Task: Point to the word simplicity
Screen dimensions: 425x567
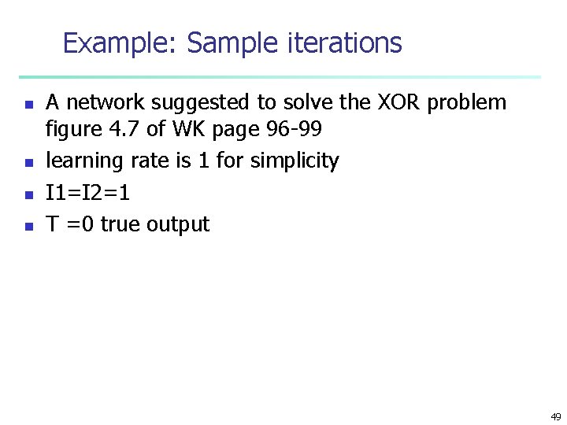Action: pos(295,161)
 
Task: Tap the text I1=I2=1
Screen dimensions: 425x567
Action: pos(89,193)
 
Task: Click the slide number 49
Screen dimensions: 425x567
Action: pos(555,416)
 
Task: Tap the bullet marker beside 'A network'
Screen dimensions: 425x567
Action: pos(28,103)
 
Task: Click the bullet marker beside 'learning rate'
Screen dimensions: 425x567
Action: pos(28,163)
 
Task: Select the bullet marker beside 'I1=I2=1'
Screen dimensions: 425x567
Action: pos(28,194)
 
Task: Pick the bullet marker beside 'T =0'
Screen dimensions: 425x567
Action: pos(28,226)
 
